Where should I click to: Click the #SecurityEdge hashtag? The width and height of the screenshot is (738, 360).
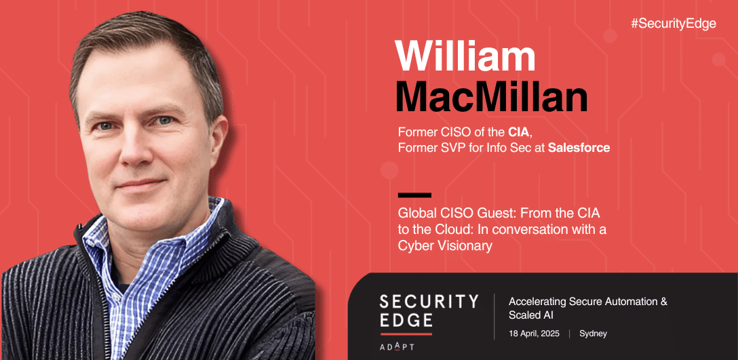coord(674,24)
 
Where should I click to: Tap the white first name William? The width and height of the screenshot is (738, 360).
coord(465,56)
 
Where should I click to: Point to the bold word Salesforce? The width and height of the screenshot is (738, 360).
coord(579,148)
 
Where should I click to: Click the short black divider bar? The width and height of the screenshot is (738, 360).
coord(414,195)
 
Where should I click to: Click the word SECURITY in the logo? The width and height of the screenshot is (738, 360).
coord(429,301)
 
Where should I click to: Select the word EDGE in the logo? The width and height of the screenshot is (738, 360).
coord(406,320)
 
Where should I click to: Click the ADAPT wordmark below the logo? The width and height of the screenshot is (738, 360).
coord(397,347)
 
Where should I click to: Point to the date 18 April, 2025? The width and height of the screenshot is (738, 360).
coord(535,334)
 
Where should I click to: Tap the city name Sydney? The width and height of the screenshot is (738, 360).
coord(593,334)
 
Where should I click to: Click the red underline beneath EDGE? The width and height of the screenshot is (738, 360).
coord(406,334)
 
